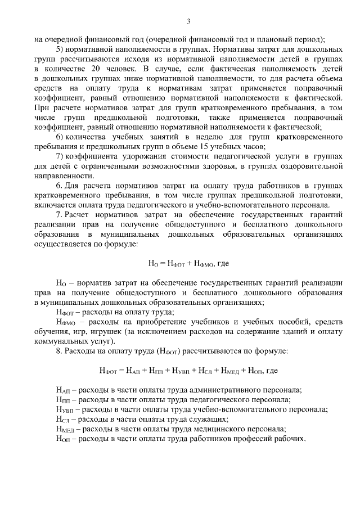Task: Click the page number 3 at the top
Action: [x=189, y=21]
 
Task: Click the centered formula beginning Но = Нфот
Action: [x=188, y=263]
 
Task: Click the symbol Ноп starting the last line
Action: [x=64, y=438]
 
